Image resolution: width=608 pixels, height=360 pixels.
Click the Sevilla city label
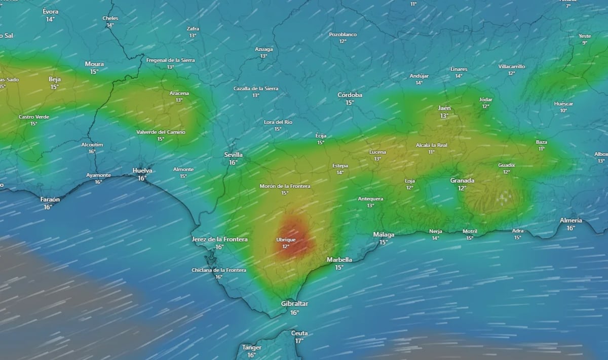(234, 155)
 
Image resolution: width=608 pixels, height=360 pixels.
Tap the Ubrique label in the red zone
(286, 239)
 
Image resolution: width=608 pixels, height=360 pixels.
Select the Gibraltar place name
(294, 304)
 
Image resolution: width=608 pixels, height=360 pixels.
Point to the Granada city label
(462, 181)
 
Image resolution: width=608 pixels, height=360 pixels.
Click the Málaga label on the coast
(384, 234)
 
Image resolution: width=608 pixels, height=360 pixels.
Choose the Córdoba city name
(350, 95)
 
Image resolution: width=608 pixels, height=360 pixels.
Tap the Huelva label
(142, 171)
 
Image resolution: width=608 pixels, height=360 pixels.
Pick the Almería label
(571, 221)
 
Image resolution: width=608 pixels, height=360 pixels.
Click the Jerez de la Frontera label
(219, 239)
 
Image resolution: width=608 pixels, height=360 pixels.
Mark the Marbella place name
(339, 260)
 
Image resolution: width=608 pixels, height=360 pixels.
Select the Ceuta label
(299, 333)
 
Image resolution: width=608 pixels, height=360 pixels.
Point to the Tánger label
(252, 348)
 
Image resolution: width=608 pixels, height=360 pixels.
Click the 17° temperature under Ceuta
(299, 341)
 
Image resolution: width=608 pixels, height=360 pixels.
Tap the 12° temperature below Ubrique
(286, 247)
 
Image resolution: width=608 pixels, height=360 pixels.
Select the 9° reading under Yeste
(585, 43)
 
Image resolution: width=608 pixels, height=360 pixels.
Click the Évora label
(50, 11)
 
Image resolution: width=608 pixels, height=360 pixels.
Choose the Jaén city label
(444, 108)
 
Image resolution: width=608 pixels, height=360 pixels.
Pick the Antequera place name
(370, 198)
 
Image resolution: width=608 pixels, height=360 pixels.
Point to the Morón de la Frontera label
(285, 186)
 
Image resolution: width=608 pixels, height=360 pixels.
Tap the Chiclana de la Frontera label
(219, 270)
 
